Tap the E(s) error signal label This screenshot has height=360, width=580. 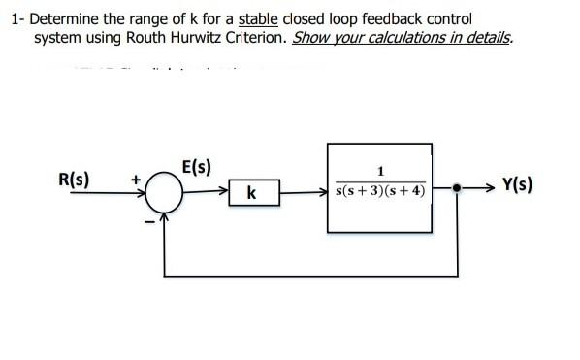[x=197, y=166]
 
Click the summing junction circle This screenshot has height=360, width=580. [x=168, y=194]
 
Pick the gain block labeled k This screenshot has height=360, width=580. [x=252, y=194]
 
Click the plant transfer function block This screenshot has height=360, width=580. [x=379, y=185]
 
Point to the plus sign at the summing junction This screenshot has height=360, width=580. [x=138, y=179]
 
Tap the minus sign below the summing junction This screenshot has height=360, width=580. [x=147, y=214]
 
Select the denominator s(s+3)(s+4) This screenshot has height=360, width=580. [x=379, y=191]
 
